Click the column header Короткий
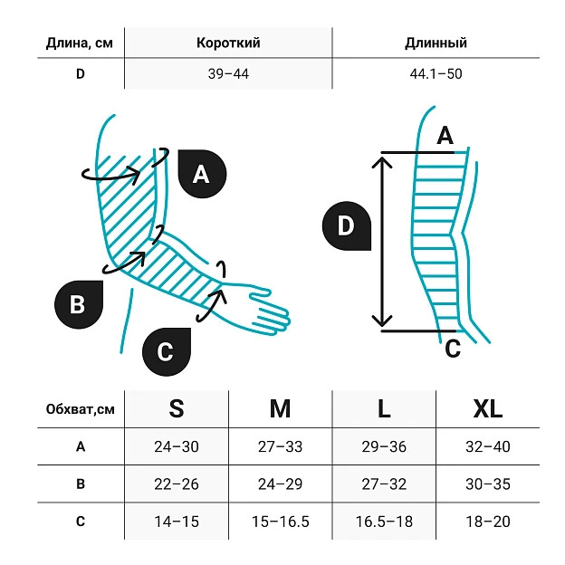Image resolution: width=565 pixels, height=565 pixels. point(228,43)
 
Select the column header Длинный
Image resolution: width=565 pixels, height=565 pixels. point(436,43)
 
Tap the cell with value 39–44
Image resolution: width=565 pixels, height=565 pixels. point(228,74)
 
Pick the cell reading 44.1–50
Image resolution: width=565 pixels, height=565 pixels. point(436,74)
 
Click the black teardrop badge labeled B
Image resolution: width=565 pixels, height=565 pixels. point(79,304)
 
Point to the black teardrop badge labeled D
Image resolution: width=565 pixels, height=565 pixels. point(346,226)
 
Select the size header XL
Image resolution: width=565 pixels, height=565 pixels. point(487,409)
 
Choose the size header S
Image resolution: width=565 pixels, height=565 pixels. point(177,409)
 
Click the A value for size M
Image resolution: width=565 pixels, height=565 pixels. point(280,446)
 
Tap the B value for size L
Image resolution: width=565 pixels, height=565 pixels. point(384,484)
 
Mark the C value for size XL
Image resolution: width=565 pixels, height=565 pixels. point(487,522)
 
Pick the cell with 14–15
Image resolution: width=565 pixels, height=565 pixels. point(177,522)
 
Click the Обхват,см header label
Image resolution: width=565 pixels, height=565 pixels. point(81,409)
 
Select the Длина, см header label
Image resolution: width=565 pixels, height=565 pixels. point(80,43)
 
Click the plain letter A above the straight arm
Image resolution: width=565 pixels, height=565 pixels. point(445,136)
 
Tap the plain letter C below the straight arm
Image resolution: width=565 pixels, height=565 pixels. point(453,348)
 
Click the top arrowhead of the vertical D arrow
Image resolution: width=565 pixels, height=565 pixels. point(381,161)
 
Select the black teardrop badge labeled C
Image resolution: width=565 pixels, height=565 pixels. point(167,352)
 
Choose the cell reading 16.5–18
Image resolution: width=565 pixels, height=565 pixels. point(384,522)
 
